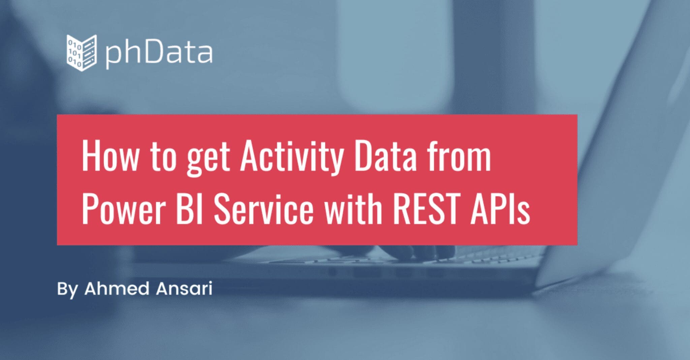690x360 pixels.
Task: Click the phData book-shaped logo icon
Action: click(82, 53)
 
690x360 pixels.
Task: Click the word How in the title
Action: click(110, 157)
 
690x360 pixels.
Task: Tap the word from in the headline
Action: click(459, 157)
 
